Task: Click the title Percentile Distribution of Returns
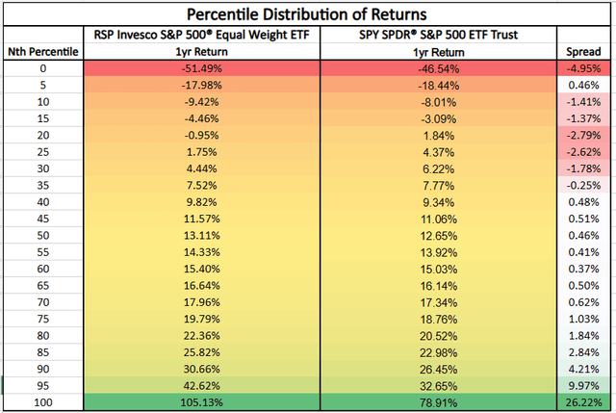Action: point(308,14)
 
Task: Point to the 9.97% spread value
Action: point(583,386)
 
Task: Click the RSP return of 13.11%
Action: point(202,236)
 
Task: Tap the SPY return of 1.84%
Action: point(439,136)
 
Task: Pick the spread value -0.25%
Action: point(583,186)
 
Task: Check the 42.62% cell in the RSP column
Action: point(202,386)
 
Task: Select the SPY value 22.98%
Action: point(439,352)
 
